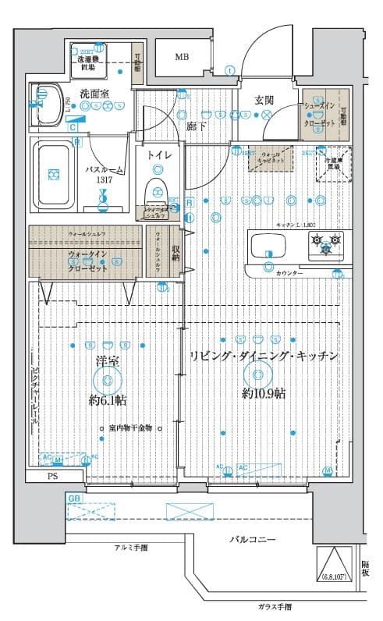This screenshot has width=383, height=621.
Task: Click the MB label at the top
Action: pyautogui.click(x=181, y=57)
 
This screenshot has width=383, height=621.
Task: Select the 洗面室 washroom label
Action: pyautogui.click(x=94, y=94)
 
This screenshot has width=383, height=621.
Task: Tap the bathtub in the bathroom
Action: pyautogui.click(x=54, y=175)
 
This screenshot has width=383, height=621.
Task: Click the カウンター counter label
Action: pyautogui.click(x=288, y=274)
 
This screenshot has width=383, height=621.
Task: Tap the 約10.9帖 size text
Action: pyautogui.click(x=263, y=393)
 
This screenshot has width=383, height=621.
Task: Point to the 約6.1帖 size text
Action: pyautogui.click(x=108, y=401)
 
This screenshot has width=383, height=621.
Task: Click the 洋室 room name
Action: pyautogui.click(x=106, y=361)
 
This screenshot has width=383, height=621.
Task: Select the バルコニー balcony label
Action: pyautogui.click(x=252, y=539)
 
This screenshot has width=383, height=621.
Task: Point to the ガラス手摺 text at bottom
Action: pyautogui.click(x=276, y=606)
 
